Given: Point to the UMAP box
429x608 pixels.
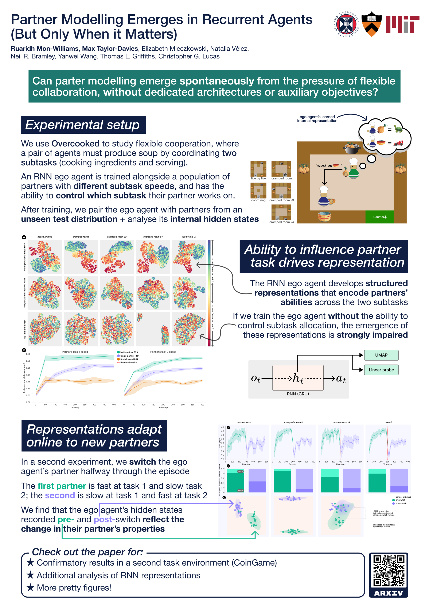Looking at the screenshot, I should [x=381, y=355].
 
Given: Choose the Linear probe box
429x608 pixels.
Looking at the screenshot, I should [x=381, y=370].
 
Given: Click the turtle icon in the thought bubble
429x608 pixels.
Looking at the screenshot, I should [x=398, y=129].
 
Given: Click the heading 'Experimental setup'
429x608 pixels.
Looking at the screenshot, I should [x=83, y=125].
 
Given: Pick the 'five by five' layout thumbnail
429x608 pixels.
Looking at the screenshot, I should [x=258, y=169].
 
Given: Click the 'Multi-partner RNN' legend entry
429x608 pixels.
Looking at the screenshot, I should [x=129, y=352].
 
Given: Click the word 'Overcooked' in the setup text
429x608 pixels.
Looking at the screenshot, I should [x=75, y=144].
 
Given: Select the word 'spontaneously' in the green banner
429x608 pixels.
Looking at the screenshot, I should [x=217, y=81].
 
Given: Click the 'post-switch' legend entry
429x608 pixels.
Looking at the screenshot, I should [x=401, y=503].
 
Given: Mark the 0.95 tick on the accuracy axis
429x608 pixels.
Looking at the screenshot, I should [x=28, y=354].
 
